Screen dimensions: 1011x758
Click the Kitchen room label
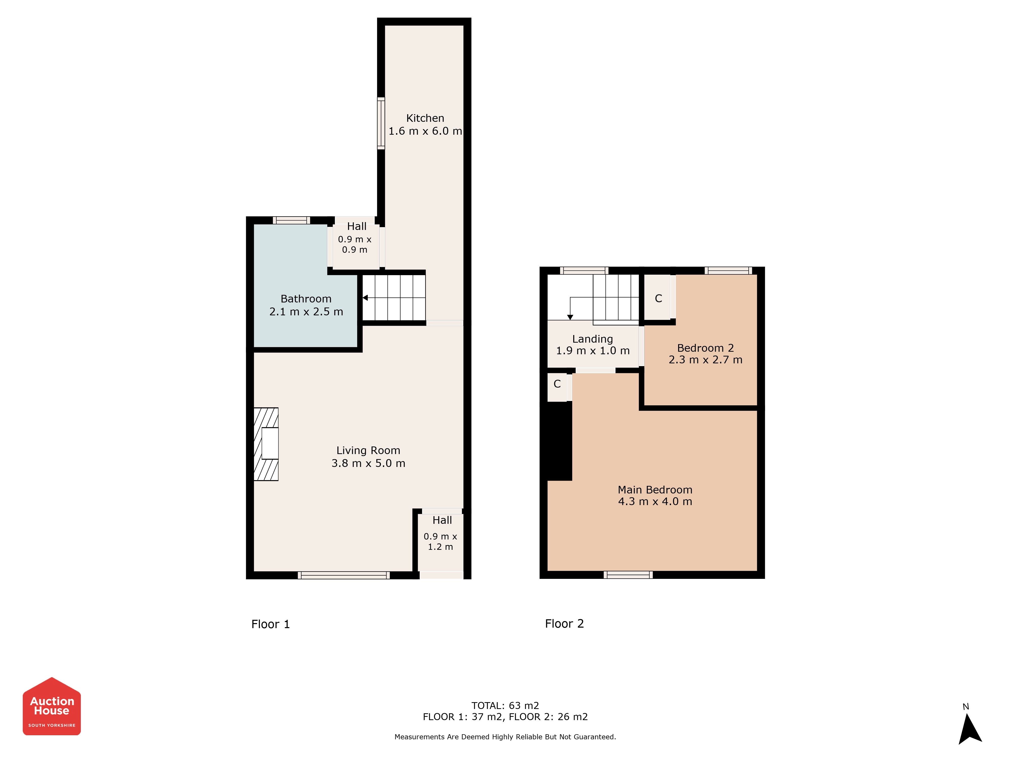tap(425, 118)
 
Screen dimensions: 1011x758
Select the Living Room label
tap(369, 451)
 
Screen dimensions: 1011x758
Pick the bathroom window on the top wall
tap(292, 220)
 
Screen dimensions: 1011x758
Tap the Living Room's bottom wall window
tap(344, 575)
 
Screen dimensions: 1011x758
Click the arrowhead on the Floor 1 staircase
tap(365, 298)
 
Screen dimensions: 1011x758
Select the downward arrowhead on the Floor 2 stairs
tap(570, 317)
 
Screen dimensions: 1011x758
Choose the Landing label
tap(592, 339)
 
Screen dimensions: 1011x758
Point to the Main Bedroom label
tap(655, 490)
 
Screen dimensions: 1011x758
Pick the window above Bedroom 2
tap(728, 271)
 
